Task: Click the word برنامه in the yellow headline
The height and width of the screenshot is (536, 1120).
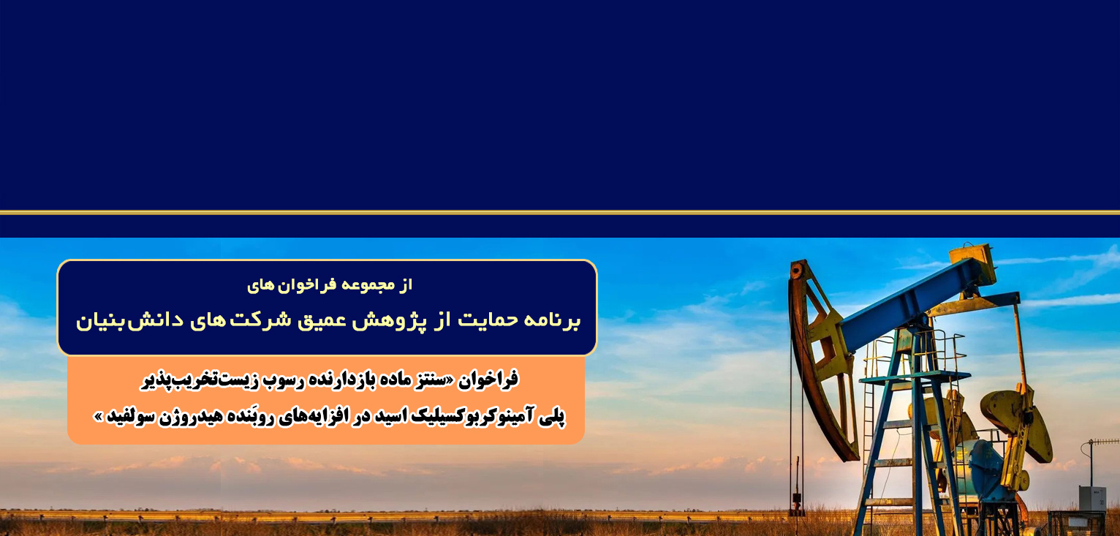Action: (x=553, y=320)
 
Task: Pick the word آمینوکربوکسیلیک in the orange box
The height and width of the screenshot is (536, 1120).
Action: (x=465, y=417)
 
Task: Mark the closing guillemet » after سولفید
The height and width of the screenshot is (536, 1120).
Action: (x=98, y=417)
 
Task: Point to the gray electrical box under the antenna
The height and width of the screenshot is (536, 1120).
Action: (x=1092, y=498)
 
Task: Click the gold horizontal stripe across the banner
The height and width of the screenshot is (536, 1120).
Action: (x=560, y=213)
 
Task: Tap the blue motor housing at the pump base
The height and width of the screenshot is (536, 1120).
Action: (x=983, y=470)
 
